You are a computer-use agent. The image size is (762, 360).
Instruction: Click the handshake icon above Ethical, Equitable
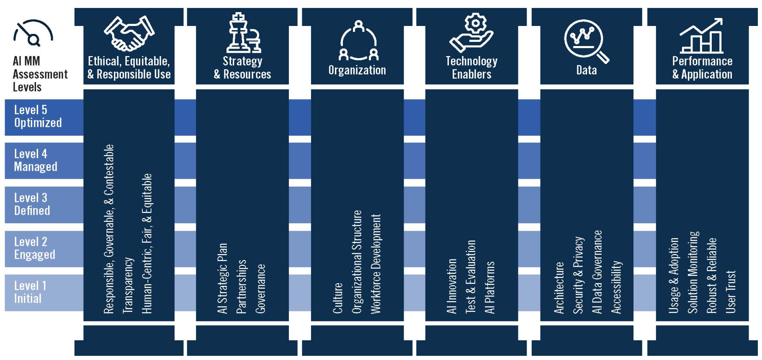coord(129,33)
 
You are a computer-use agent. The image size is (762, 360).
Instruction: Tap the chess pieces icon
coord(243,33)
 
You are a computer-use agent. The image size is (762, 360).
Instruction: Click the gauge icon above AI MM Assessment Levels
coord(33,33)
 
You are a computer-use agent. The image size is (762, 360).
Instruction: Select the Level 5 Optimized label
coord(38,116)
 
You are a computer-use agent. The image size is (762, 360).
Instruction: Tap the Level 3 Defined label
coord(32,204)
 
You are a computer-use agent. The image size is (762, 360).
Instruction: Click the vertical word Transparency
coord(128,285)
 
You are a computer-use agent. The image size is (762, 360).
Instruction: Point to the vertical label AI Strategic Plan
coord(222,278)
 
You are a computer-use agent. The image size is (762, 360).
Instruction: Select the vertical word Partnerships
coord(242,286)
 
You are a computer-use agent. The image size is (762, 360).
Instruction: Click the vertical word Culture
coord(337,298)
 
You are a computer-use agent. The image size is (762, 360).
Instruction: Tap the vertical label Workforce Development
coord(376,264)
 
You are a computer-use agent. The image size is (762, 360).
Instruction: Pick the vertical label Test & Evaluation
coord(471,277)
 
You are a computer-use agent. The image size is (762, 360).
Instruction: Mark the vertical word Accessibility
coord(616,287)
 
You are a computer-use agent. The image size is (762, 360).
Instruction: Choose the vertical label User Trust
coord(731,292)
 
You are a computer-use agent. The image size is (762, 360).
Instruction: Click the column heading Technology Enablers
coord(471,68)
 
